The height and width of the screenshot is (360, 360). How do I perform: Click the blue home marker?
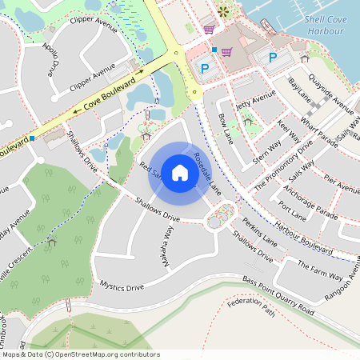[180, 173]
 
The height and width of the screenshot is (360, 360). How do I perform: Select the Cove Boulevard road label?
[108, 94]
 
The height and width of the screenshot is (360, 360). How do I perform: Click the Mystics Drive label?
[122, 286]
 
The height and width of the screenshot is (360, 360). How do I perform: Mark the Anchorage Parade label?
[310, 203]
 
